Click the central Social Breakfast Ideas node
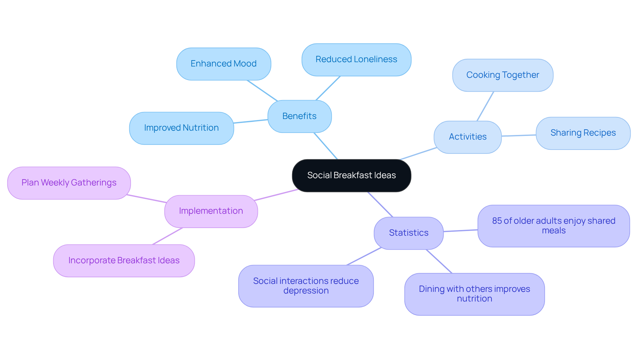tap(351, 176)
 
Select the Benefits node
tap(299, 116)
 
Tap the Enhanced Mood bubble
tap(224, 64)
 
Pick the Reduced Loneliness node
tap(356, 60)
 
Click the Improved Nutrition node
tap(181, 128)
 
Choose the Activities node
tap(468, 137)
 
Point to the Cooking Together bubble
tap(502, 75)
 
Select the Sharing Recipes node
tap(583, 133)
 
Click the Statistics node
tap(408, 233)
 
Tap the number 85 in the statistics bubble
tap(497, 221)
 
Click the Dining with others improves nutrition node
tap(474, 294)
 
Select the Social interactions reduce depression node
tap(306, 286)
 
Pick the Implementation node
tap(211, 211)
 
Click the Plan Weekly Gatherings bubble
tap(69, 183)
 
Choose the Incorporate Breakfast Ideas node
tap(124, 261)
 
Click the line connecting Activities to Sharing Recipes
tap(518, 135)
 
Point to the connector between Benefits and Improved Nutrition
tap(251, 121)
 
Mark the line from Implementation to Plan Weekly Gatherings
tap(146, 198)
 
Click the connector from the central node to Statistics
tap(380, 205)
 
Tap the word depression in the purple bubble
tap(306, 291)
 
